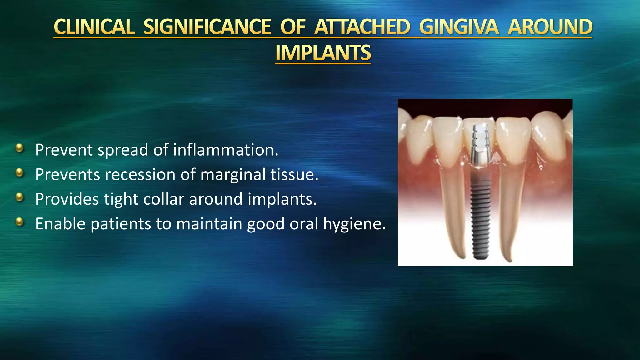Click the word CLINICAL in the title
[94, 27]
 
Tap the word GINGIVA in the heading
[459, 27]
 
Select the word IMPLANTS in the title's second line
[323, 53]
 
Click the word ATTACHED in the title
[362, 27]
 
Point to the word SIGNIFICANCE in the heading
[207, 27]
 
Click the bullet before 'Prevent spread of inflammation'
[19, 148]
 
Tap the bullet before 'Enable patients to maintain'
[19, 222]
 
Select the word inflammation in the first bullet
[225, 150]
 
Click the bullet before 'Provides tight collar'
[19, 197]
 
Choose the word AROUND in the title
[550, 27]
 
